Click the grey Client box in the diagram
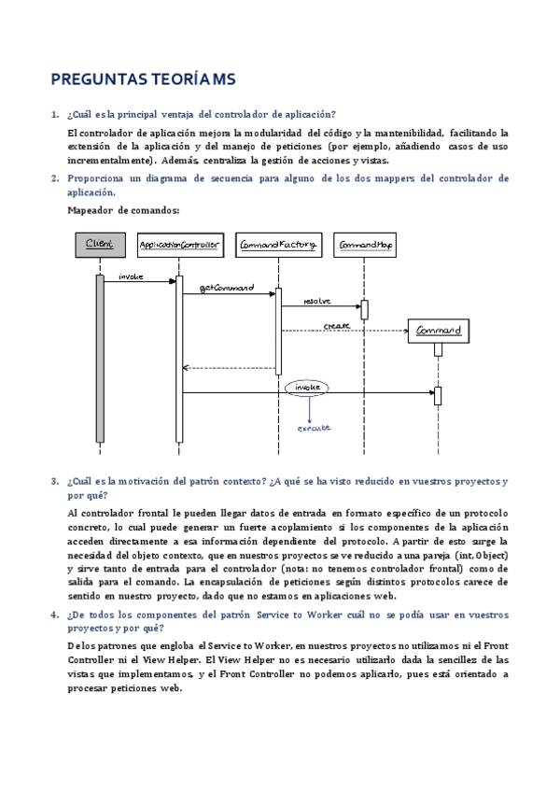[99, 245]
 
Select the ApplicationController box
[178, 245]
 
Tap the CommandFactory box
[277, 245]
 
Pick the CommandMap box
[365, 245]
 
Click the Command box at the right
[438, 332]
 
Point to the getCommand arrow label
[227, 288]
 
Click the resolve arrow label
[318, 301]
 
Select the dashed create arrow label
[337, 325]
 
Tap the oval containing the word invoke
[307, 387]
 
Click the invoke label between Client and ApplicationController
[131, 277]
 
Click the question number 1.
[53, 114]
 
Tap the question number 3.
[53, 482]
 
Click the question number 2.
[53, 178]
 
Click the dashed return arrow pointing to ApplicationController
[229, 368]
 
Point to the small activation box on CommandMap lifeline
[364, 309]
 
